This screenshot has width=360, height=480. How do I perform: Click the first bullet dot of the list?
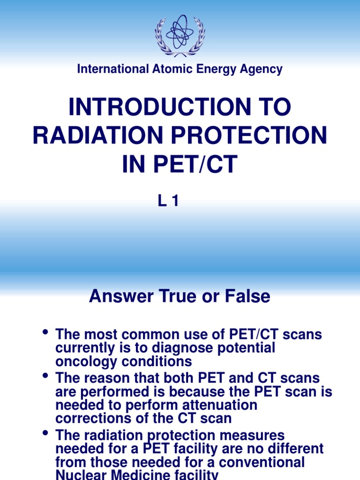click(x=45, y=333)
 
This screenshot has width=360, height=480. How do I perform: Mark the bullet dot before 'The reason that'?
click(x=45, y=375)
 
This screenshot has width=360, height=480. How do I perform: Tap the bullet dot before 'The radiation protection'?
click(x=45, y=434)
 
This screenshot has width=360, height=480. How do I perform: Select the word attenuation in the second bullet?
click(x=221, y=405)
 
